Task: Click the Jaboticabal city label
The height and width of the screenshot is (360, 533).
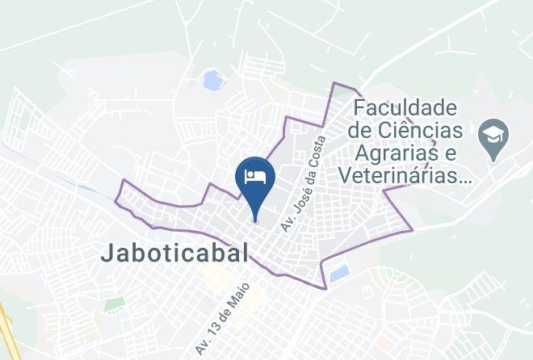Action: coord(175,252)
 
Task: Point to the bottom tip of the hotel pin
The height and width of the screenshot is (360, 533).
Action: coord(255,220)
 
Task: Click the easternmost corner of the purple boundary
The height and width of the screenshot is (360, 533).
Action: coord(413,229)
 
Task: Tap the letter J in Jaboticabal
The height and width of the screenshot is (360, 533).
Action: coord(107,252)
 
